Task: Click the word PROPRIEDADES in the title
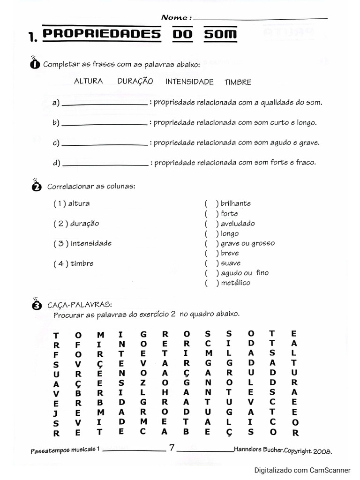(x=102, y=35)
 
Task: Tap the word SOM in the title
(x=220, y=35)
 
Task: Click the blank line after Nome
(x=260, y=19)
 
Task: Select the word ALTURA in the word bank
(x=88, y=81)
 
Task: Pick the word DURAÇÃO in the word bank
(x=135, y=81)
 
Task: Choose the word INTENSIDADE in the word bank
(x=189, y=82)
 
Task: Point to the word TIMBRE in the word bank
(x=238, y=82)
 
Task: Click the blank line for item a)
(x=105, y=104)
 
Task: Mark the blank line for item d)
(x=105, y=165)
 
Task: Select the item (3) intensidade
(x=82, y=243)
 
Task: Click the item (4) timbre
(x=74, y=263)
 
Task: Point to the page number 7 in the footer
(x=172, y=448)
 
